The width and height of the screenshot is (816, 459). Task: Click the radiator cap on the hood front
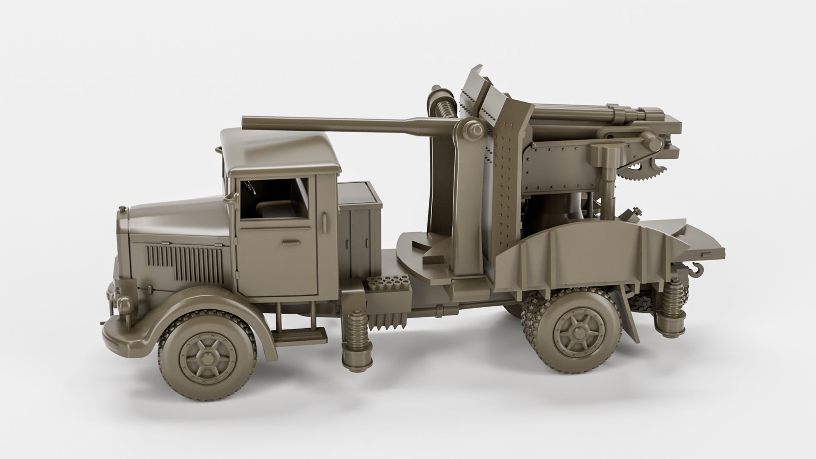pos(122,209)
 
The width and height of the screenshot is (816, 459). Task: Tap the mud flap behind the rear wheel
pos(629,314)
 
